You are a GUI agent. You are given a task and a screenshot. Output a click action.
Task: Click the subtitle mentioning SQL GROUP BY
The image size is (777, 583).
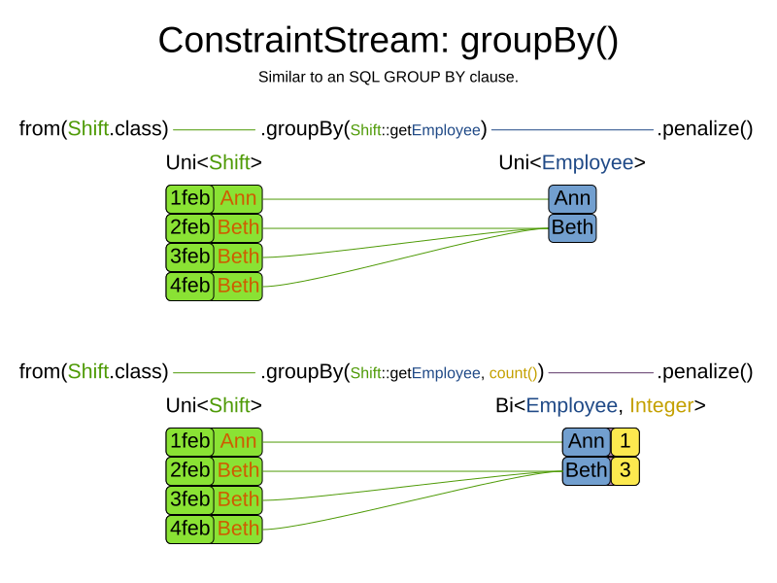388,77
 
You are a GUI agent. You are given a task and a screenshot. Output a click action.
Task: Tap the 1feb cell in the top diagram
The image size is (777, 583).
190,199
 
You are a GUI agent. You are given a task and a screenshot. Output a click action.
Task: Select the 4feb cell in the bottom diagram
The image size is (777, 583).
190,529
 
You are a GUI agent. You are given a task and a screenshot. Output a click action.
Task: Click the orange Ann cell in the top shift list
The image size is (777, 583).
238,199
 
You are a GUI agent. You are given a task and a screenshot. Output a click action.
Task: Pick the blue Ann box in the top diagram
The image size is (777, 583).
572,199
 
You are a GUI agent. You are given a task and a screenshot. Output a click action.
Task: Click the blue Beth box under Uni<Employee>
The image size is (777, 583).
572,228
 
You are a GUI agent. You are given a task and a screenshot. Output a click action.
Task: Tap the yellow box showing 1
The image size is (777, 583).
625,442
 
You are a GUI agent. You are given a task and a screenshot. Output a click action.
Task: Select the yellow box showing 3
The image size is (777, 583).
625,471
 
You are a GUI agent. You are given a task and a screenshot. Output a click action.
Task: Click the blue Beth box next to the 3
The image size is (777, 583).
586,471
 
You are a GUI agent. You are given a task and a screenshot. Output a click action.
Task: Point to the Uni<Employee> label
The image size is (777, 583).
572,163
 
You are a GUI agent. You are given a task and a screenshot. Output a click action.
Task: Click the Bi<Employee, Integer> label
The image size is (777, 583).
600,406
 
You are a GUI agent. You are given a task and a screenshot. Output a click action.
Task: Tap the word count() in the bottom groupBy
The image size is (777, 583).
513,373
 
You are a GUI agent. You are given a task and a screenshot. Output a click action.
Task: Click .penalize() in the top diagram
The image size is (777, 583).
705,129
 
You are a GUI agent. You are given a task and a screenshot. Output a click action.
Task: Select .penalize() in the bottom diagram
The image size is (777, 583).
705,372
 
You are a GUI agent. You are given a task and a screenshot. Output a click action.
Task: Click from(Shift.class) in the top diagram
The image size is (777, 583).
93,129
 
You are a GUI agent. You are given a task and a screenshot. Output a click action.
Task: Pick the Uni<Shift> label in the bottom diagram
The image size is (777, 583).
214,406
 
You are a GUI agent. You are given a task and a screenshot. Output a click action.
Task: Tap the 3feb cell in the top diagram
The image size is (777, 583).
190,257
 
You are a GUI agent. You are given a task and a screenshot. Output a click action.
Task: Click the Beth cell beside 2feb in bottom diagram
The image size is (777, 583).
238,471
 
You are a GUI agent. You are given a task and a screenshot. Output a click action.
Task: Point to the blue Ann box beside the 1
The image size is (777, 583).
586,442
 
